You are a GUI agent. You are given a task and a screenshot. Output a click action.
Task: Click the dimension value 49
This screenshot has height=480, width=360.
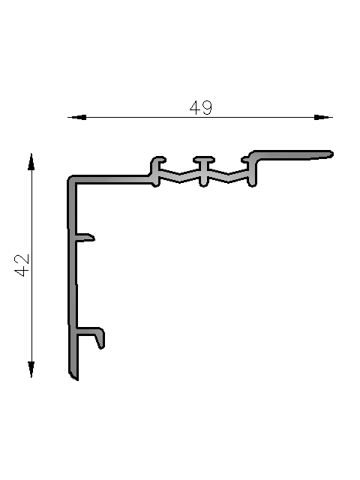(201, 108)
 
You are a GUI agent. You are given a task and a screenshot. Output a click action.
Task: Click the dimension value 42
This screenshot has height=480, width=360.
(22, 265)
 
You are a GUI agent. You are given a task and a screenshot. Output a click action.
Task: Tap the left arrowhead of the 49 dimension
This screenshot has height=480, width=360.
(76, 117)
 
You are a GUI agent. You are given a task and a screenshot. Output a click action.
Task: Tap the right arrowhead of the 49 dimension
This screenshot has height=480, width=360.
(323, 117)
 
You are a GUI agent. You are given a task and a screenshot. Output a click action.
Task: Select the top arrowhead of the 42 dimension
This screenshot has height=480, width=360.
(31, 162)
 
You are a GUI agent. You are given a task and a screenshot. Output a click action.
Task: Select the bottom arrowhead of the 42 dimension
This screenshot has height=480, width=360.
(31, 370)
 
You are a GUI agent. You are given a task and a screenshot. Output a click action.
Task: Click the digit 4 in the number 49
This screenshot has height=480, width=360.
(195, 108)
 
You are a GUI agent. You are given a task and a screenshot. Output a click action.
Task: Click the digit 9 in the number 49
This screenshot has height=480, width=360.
(207, 108)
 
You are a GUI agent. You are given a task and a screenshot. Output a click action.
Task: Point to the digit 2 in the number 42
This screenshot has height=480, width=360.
(22, 259)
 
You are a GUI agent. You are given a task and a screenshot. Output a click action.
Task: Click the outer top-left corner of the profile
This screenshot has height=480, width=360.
(68, 177)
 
